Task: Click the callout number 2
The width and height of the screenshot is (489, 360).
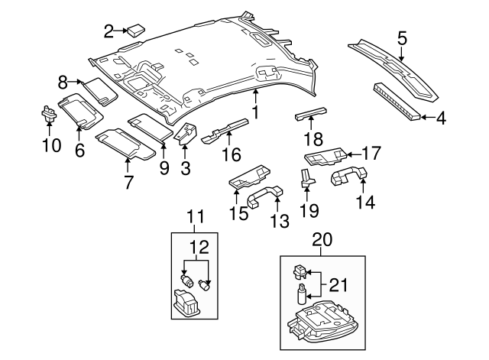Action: pyautogui.click(x=108, y=31)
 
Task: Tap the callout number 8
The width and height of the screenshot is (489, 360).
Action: pyautogui.click(x=63, y=79)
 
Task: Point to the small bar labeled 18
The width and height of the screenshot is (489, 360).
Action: pyautogui.click(x=309, y=115)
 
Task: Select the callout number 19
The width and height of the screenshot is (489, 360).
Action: pyautogui.click(x=308, y=208)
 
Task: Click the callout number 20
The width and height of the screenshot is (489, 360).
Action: pyautogui.click(x=322, y=240)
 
